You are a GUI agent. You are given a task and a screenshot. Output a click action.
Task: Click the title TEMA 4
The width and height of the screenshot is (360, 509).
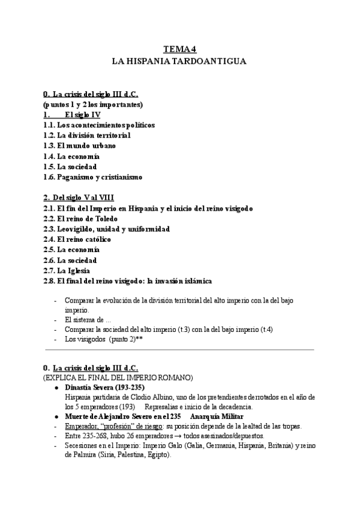click(x=179, y=50)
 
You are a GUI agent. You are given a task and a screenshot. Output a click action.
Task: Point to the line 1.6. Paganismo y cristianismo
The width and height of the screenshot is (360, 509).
click(x=92, y=176)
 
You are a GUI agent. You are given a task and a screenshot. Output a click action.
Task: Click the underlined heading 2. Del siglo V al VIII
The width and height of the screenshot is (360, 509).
click(x=79, y=197)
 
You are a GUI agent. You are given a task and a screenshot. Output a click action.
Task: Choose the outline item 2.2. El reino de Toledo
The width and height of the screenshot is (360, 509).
click(x=80, y=218)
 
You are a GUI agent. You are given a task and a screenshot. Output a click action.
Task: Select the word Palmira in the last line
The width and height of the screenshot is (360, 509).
click(x=79, y=455)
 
